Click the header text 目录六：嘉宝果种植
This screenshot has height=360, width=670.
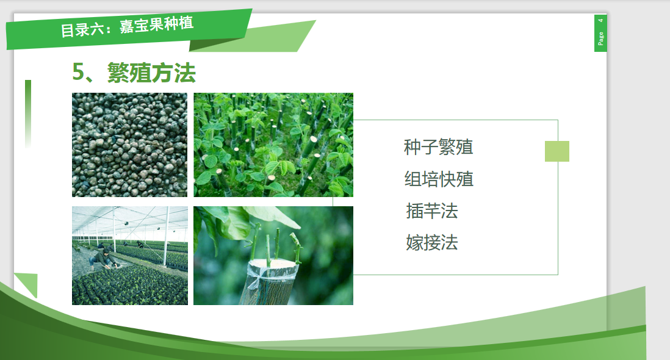[x=127, y=27]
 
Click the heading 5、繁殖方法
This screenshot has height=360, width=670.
[x=134, y=72]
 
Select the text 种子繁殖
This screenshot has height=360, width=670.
[x=438, y=147]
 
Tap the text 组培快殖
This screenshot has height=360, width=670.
[x=439, y=179]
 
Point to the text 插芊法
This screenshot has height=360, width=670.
[x=431, y=211]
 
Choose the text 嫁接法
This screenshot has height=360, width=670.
[x=431, y=243]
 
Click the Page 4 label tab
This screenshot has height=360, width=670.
[x=600, y=34]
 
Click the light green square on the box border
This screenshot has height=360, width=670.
[x=557, y=151]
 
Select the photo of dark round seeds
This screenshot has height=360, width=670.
[x=129, y=145]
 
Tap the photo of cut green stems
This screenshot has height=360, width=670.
[x=273, y=145]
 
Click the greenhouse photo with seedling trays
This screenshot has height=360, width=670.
[x=129, y=256]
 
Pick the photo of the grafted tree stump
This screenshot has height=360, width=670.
[x=273, y=256]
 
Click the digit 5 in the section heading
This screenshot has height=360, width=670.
[x=78, y=72]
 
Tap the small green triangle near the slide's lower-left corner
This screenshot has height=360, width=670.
[x=29, y=283]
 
